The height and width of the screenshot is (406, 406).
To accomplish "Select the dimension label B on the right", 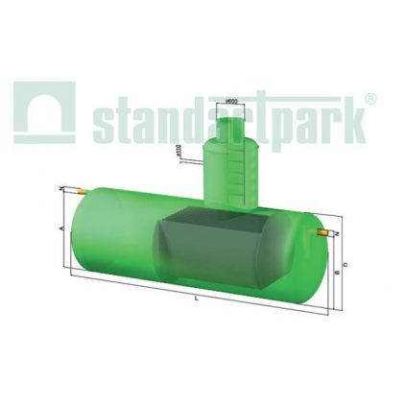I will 335,274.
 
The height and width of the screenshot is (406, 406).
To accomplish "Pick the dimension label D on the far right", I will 345,264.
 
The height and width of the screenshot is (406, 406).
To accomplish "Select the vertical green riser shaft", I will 230,173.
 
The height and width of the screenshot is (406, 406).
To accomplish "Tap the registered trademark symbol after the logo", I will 371,99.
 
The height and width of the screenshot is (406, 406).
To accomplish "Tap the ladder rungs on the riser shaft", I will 250,173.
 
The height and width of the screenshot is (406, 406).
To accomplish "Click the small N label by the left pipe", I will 61,188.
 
